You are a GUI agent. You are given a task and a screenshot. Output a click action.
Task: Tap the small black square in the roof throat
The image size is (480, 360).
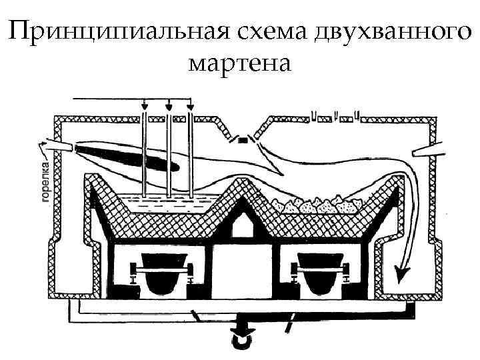[x=244, y=141]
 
